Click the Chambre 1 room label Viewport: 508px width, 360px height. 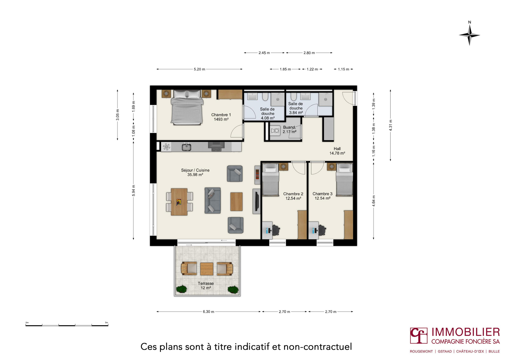221,117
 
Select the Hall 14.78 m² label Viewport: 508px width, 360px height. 337,151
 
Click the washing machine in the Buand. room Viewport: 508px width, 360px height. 275,131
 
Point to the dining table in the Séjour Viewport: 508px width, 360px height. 179,201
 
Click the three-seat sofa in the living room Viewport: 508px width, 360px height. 212,200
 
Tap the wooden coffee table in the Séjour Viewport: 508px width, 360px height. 236,201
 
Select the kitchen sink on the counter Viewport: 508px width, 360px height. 186,147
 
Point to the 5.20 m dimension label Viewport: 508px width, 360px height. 199,69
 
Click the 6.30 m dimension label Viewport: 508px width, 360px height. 208,311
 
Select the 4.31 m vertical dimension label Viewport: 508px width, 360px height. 391,125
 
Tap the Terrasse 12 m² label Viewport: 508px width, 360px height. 206,286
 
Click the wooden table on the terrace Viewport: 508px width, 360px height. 207,269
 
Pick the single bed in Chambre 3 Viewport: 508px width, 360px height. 344,179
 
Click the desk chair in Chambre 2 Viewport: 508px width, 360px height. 276,230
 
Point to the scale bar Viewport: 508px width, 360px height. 67,325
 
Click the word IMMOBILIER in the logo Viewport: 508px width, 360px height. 466,332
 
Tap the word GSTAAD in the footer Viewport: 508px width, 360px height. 445,352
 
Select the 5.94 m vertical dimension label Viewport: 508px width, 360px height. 134,191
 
